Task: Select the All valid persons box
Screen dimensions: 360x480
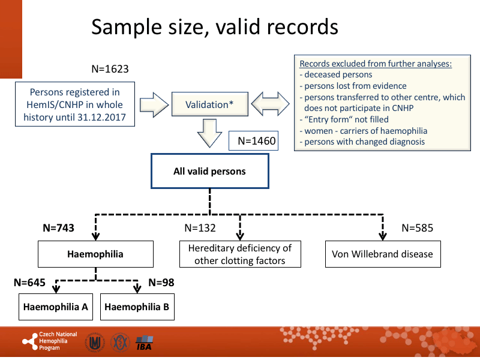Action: tap(209, 172)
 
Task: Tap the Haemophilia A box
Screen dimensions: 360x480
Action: tap(56, 307)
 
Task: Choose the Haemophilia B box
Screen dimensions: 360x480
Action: tap(137, 307)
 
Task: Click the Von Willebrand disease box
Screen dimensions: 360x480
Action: tap(382, 254)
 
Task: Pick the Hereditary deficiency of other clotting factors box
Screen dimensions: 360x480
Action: tap(240, 254)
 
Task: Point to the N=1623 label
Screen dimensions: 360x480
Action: tap(110, 69)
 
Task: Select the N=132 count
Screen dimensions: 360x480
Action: tap(200, 228)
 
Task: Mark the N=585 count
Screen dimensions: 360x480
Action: tap(417, 228)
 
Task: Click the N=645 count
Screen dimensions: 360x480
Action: tap(29, 281)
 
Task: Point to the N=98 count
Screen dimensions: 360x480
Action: tap(160, 281)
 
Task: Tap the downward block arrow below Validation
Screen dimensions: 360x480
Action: tap(209, 133)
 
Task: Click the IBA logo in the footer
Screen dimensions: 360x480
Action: tap(145, 343)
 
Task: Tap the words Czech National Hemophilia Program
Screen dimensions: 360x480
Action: tap(57, 341)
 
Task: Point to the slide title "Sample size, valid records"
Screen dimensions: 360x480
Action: tap(214, 26)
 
